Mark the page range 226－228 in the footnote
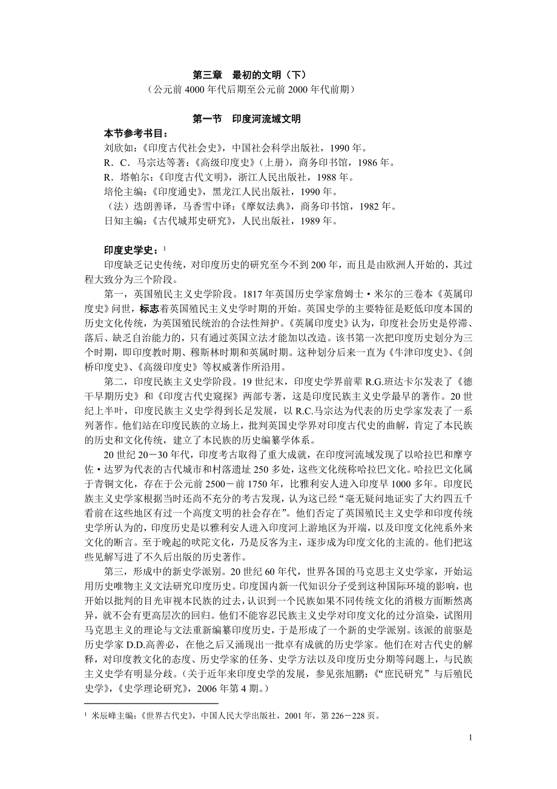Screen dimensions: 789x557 pyautogui.click(x=346, y=716)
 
